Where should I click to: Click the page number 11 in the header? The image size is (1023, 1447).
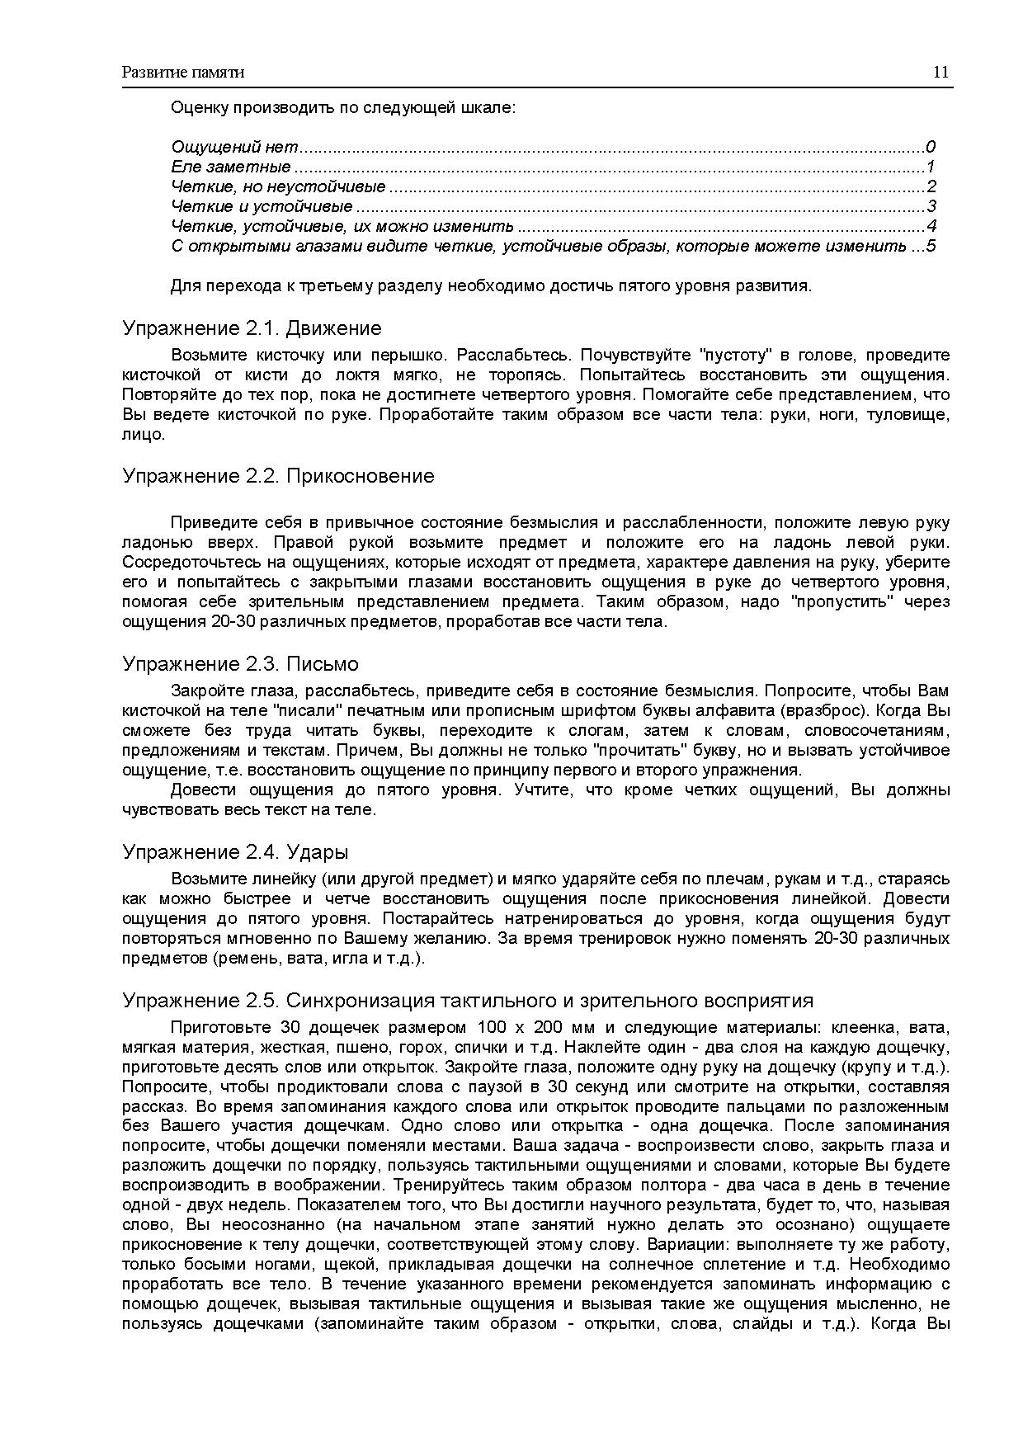point(940,72)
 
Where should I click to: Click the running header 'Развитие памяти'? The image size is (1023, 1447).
point(183,73)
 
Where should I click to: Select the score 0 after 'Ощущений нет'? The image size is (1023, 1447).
point(931,148)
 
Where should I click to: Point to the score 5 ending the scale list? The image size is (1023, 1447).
point(931,246)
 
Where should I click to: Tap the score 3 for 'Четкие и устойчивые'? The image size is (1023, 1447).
point(931,206)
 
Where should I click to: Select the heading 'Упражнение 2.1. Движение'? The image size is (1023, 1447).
point(252,328)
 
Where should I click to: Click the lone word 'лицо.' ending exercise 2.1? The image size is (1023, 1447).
point(144,435)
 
